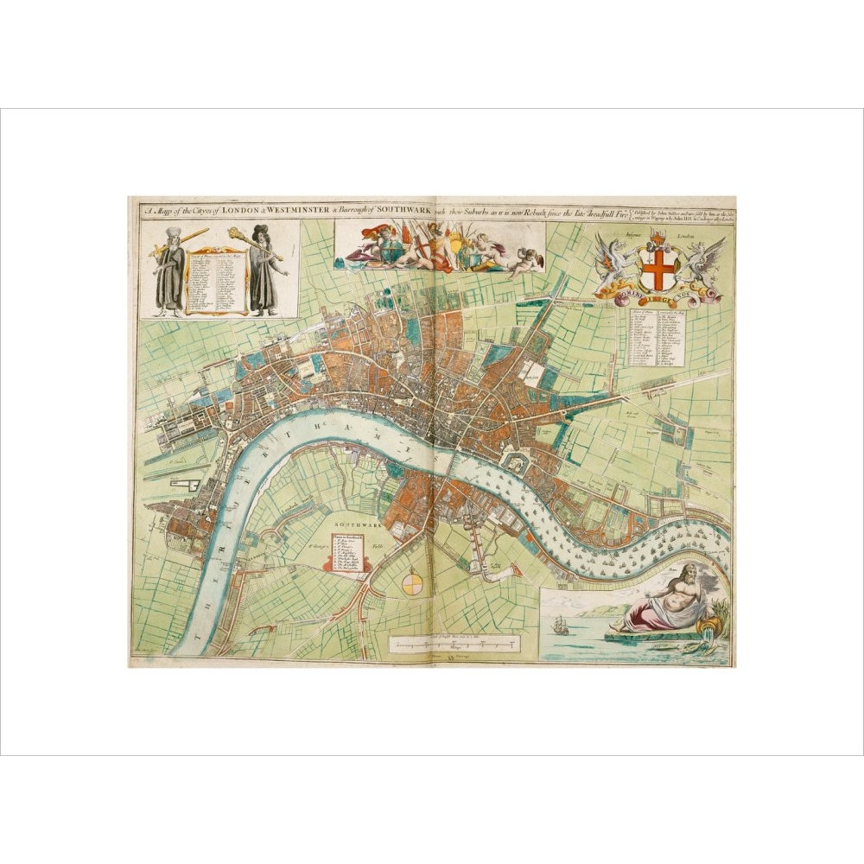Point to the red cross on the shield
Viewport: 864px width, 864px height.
point(659,270)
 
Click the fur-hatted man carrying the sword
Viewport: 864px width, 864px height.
point(174,271)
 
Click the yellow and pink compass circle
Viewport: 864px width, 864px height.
point(414,584)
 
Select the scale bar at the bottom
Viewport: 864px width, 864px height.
point(454,644)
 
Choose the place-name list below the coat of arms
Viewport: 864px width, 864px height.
point(658,338)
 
